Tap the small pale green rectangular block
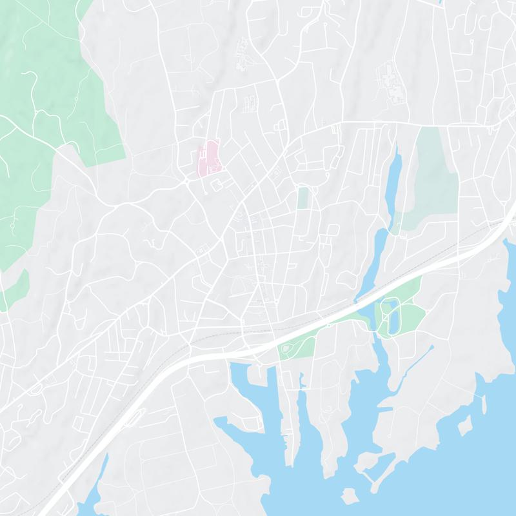click(x=303, y=197)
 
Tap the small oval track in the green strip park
click(x=286, y=350)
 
